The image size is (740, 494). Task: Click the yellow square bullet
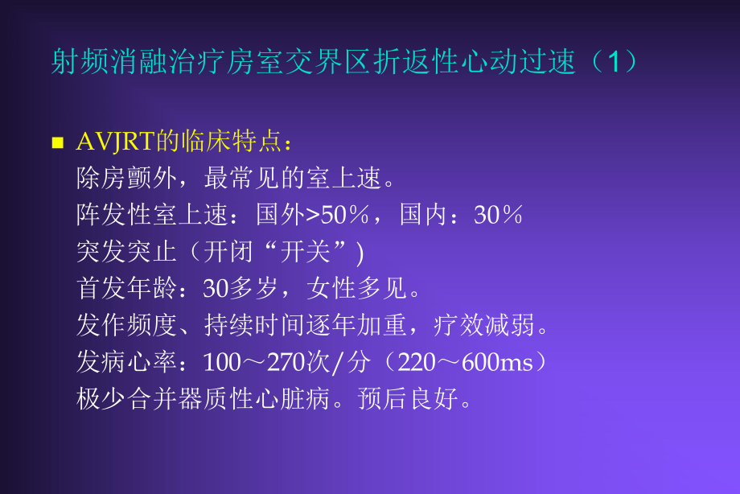click(x=57, y=143)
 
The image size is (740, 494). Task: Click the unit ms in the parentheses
click(x=519, y=363)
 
